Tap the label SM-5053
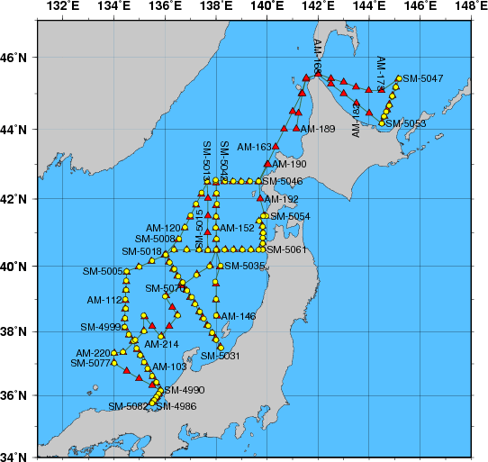[407, 123]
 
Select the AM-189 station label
[318, 130]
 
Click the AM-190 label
[290, 165]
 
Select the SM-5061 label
[288, 249]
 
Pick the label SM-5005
[102, 271]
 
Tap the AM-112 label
[104, 300]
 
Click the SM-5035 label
[245, 267]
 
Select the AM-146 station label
[239, 317]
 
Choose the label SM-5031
[221, 356]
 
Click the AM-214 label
[162, 344]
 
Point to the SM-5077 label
[90, 363]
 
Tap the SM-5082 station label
[128, 406]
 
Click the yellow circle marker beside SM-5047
[398, 79]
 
